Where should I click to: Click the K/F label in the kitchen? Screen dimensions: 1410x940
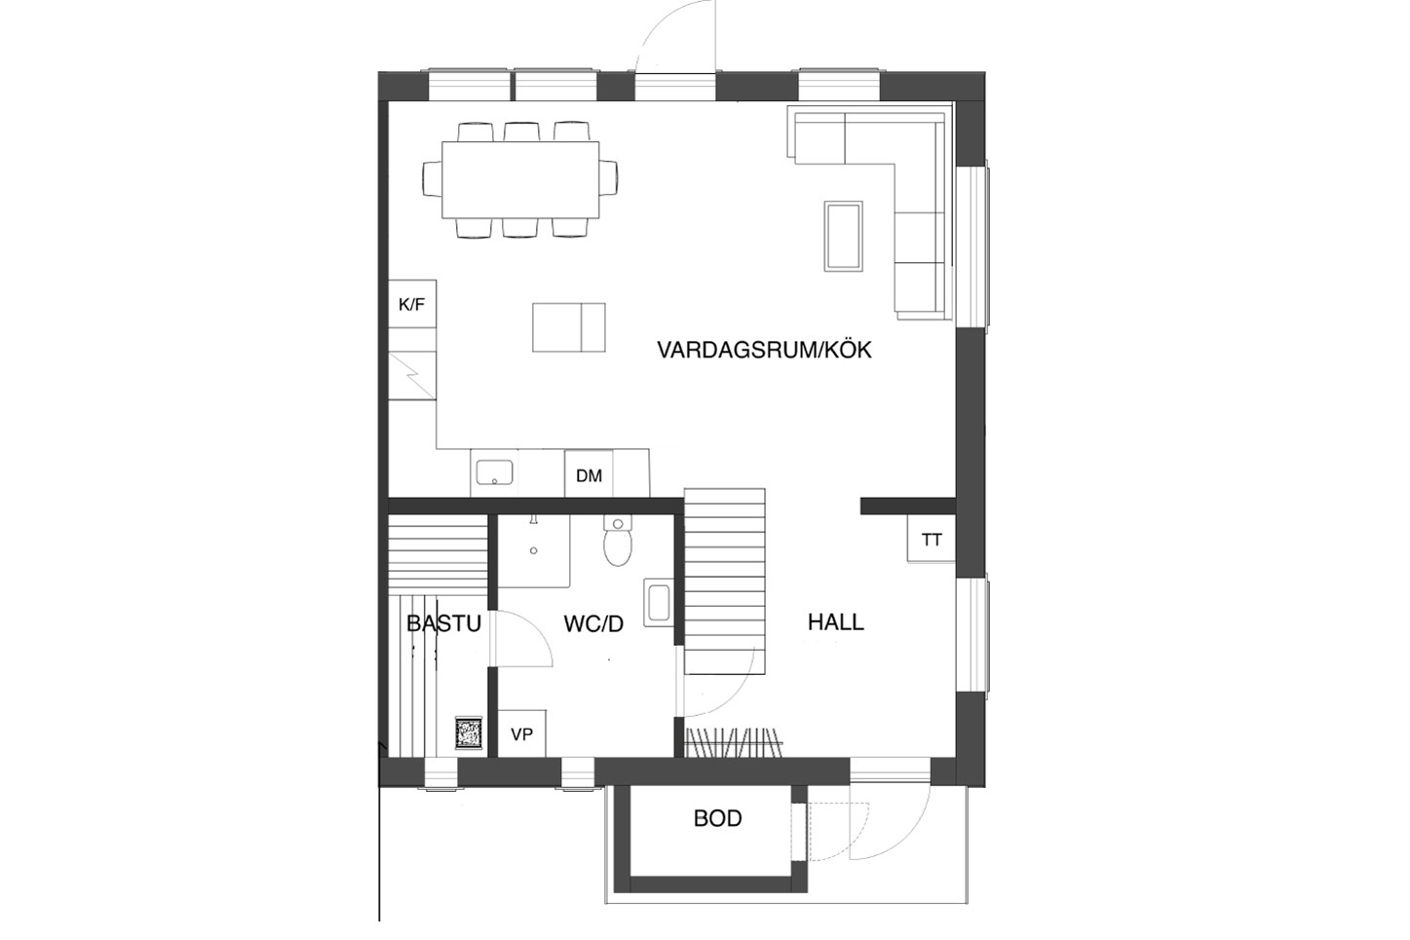[x=411, y=305]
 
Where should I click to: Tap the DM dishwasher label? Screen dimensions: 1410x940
[x=590, y=475]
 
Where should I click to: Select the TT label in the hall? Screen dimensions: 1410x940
[x=932, y=540]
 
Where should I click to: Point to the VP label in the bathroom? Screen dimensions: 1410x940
[x=522, y=734]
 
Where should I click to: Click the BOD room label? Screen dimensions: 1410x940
[x=717, y=818]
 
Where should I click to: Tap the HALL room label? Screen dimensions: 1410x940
[x=836, y=622]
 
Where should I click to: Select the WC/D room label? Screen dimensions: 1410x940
[x=593, y=624]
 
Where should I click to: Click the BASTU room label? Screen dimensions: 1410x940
[x=443, y=623]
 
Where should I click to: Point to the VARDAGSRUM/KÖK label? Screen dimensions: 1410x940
[x=764, y=350]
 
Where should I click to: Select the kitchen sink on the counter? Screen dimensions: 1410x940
[x=495, y=472]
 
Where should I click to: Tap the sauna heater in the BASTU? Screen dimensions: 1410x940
[x=469, y=732]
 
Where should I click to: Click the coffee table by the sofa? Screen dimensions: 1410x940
[x=844, y=236]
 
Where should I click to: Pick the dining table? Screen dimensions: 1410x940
[x=520, y=180]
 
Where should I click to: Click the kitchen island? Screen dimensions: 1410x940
[x=569, y=327]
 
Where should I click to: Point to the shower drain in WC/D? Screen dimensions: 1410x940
[x=534, y=550]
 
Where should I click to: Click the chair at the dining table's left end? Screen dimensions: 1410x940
[x=433, y=179]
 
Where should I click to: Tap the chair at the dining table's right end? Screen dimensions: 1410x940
[x=608, y=179]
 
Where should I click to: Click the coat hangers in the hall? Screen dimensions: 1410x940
[x=734, y=743]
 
